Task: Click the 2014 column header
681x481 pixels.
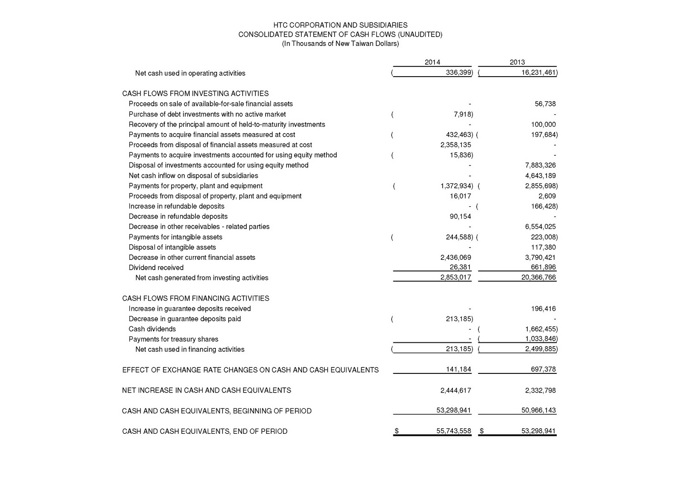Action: [432, 62]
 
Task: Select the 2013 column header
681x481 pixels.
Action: [517, 62]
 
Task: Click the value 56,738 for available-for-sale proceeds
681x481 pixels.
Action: [545, 104]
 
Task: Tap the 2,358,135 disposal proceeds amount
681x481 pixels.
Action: [455, 145]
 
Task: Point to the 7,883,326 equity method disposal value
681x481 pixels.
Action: [540, 165]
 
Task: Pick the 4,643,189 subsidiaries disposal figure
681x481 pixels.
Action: [540, 176]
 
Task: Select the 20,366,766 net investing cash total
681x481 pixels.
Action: [538, 278]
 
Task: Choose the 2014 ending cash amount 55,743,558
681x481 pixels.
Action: [454, 431]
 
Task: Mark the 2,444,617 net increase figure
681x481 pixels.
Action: [455, 390]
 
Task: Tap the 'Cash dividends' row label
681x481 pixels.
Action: [152, 329]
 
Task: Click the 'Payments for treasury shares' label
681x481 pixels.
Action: [173, 339]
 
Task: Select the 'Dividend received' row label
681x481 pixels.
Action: [156, 268]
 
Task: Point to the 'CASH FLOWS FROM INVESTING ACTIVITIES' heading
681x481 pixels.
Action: [195, 94]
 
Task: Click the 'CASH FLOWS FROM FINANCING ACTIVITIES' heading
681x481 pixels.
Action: [195, 299]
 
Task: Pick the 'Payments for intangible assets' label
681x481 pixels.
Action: [175, 237]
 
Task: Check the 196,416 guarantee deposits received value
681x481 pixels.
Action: [543, 309]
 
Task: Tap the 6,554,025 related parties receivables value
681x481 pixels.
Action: [540, 227]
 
